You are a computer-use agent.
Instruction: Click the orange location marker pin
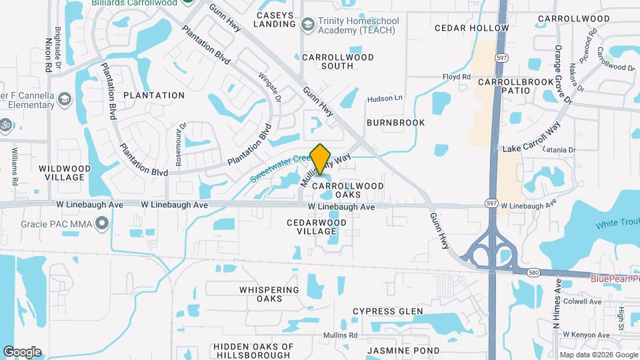click(321, 159)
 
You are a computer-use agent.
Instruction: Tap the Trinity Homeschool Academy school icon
click(308, 25)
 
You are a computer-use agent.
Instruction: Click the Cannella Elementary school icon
click(65, 100)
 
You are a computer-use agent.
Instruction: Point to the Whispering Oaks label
click(269, 294)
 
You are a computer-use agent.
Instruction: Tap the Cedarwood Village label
click(317, 227)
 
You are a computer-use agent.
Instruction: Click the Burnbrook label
click(395, 123)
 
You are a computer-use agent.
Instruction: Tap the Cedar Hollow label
click(471, 28)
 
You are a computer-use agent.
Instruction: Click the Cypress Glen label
click(387, 311)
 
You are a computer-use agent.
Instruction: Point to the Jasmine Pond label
click(403, 350)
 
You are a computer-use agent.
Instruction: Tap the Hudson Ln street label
click(385, 98)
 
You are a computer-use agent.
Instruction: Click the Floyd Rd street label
click(457, 77)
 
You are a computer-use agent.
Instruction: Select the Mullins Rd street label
click(340, 335)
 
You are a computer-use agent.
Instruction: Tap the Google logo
click(22, 351)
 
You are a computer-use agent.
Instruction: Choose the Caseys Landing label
click(274, 19)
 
